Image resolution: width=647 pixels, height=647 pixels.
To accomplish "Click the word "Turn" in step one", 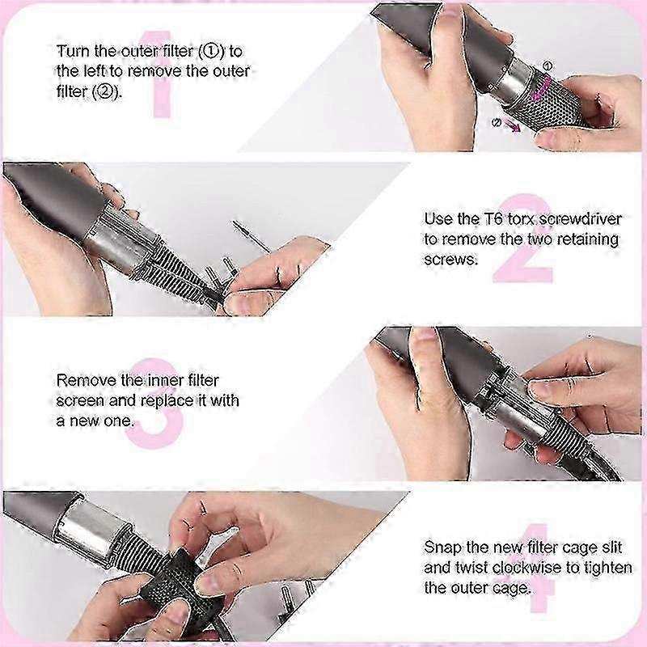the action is point(74,51).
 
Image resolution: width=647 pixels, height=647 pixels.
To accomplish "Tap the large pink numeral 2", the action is point(522,239).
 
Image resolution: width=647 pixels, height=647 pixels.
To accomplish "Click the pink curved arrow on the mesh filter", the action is point(542,88).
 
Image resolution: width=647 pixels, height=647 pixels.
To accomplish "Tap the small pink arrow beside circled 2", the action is point(512,126).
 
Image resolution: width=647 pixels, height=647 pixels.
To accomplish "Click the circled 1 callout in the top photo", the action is point(548,66).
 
